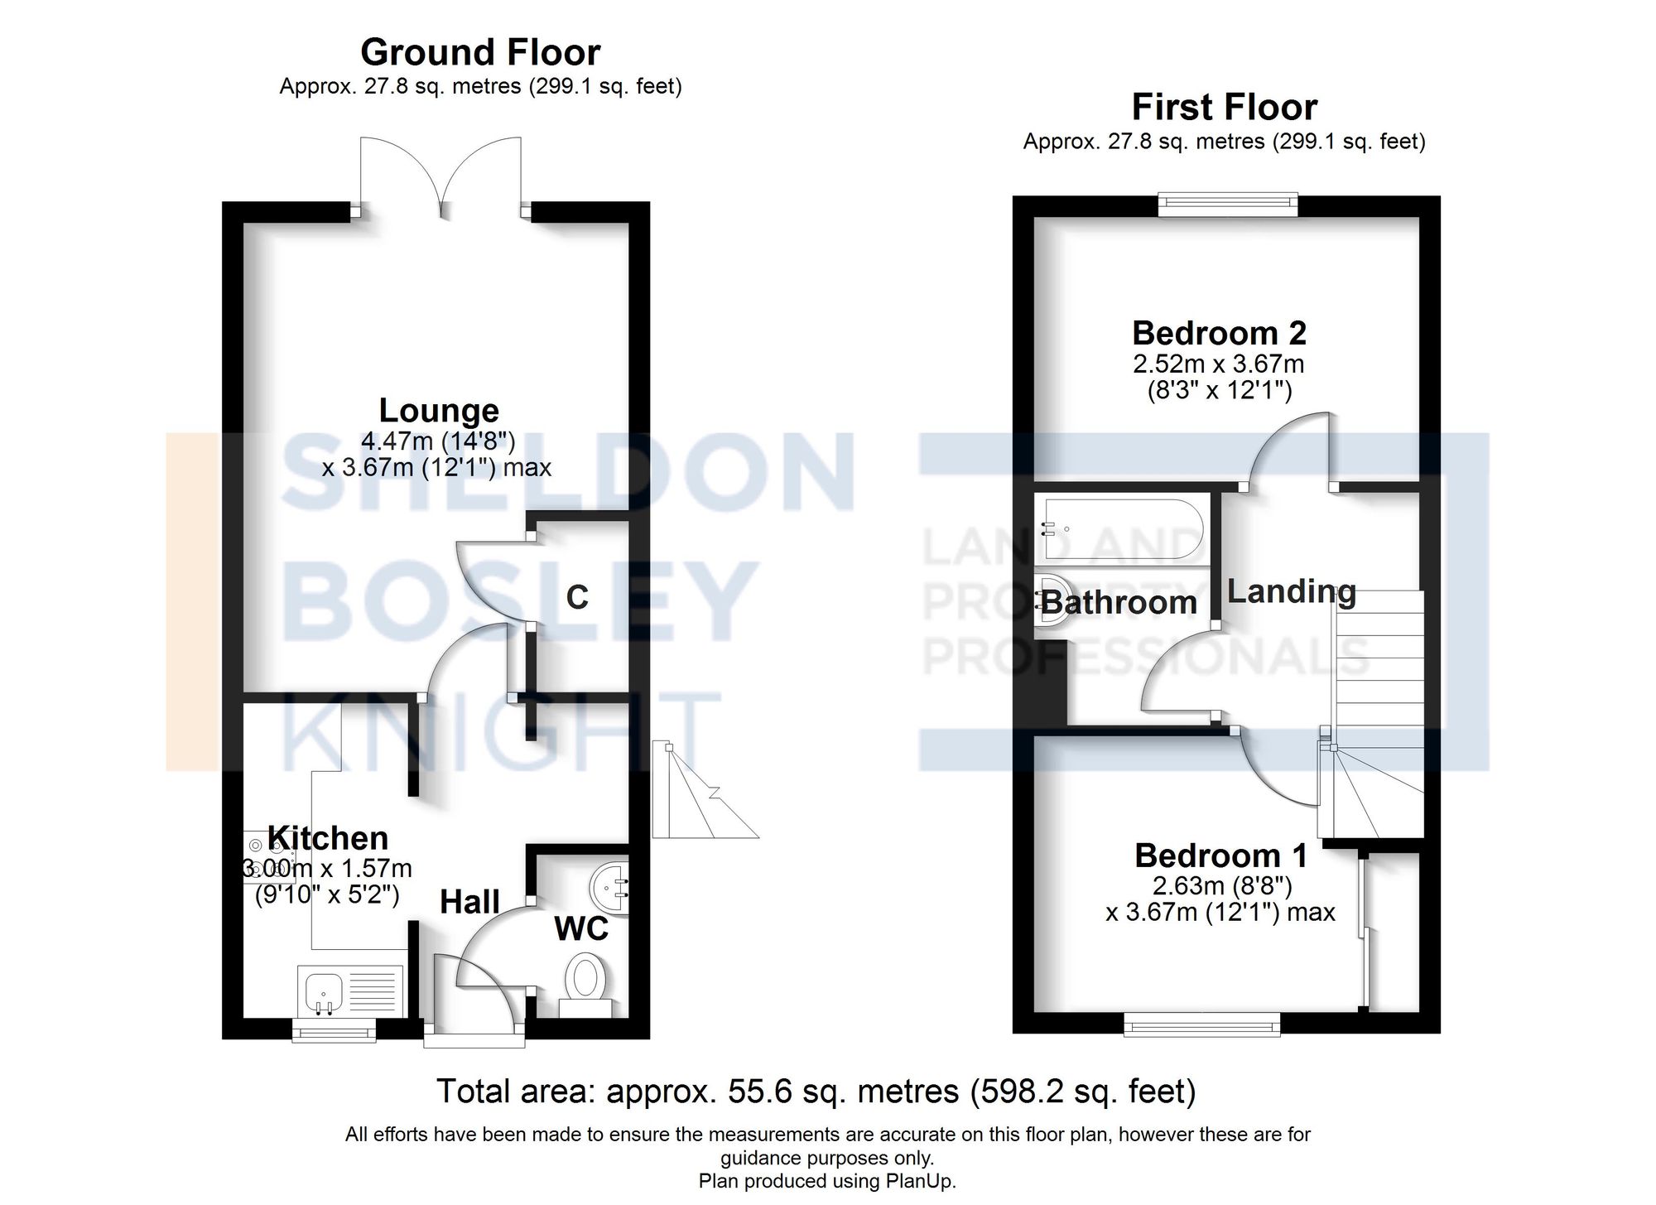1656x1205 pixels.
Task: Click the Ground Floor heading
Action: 480,53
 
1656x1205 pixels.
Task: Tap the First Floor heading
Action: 1224,108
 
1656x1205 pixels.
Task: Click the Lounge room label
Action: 439,411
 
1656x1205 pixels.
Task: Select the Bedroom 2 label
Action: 1219,333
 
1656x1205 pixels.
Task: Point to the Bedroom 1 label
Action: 1220,856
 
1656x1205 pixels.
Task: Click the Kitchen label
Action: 329,838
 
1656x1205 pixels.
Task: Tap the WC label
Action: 581,929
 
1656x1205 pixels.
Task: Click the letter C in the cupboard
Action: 577,597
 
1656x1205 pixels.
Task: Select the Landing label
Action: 1291,591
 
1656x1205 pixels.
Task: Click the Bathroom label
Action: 1119,603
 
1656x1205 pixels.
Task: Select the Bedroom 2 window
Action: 1227,203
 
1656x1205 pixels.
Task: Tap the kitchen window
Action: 334,1032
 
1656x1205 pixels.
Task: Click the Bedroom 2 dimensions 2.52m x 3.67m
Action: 1219,364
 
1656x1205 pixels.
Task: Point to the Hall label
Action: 469,902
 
